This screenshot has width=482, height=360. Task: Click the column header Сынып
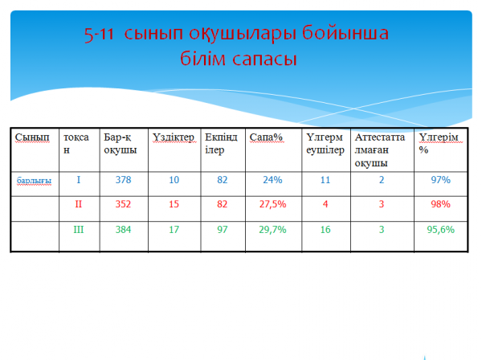pos(32,137)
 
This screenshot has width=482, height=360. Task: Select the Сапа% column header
pos(266,137)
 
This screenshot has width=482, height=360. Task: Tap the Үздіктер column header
pos(174,137)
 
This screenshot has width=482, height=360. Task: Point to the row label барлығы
pos(34,181)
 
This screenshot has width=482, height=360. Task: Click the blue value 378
pos(123,180)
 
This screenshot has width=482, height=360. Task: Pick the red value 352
pos(123,204)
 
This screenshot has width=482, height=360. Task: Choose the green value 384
pos(123,230)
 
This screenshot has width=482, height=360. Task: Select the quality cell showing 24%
pos(272,180)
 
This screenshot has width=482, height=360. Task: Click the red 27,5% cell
pos(272,204)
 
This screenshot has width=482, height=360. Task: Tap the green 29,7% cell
pos(272,230)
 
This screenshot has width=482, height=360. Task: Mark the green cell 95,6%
pos(440,230)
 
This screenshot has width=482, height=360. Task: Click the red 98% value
pos(440,204)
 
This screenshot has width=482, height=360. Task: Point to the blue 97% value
pos(440,180)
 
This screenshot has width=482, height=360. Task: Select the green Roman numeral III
pos(79,230)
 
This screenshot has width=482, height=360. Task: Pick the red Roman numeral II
pos(79,204)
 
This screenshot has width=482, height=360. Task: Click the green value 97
pos(223,230)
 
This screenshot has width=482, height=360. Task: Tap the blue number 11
pos(325,180)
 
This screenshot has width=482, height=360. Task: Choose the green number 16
pos(325,230)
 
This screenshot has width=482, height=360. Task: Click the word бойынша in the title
pos(345,33)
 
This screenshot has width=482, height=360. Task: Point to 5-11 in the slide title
pos(99,34)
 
